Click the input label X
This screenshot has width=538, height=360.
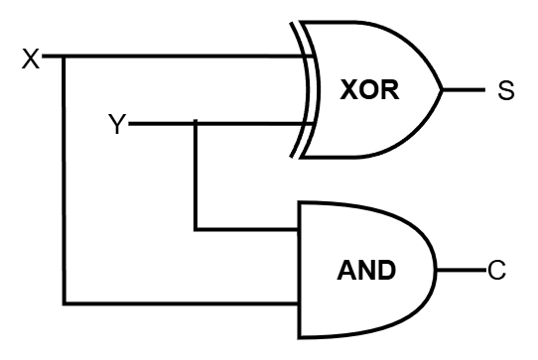(31, 59)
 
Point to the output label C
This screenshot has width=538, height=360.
(495, 269)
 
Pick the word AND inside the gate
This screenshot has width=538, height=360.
(367, 269)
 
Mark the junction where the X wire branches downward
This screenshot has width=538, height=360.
(65, 57)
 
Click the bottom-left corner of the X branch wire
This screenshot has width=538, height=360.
(65, 301)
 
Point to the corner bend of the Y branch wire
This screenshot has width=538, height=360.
(196, 229)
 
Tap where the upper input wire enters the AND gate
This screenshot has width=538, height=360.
(300, 229)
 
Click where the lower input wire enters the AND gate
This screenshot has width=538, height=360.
(300, 301)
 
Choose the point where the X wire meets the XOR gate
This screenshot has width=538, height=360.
(307, 57)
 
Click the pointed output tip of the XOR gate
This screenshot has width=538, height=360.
(442, 90)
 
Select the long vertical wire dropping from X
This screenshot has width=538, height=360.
(65, 179)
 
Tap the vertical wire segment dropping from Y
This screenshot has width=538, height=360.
(196, 177)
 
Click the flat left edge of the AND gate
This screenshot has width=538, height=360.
(300, 266)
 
